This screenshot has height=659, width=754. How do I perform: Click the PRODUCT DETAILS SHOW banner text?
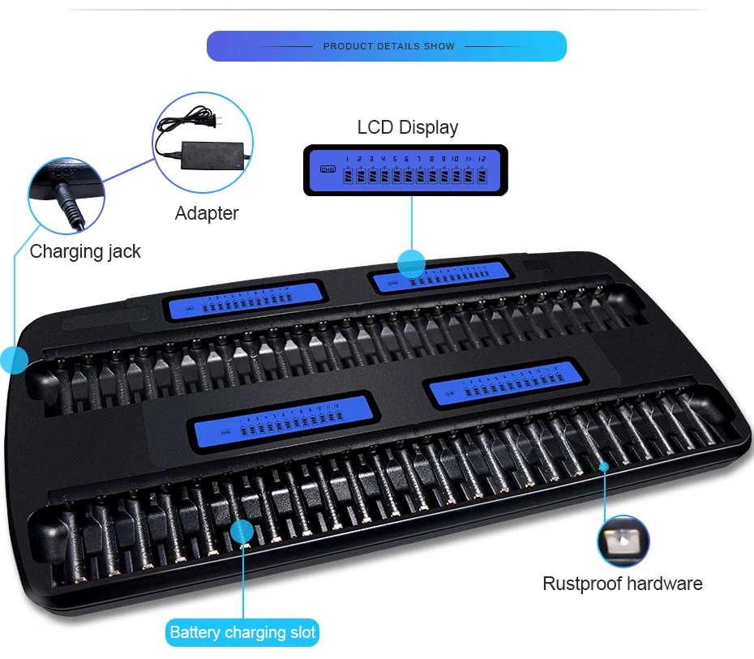click(388, 46)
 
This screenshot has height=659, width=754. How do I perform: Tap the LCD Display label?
click(407, 127)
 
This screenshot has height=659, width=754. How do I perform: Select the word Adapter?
click(207, 213)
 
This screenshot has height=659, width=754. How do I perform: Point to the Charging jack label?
click(85, 251)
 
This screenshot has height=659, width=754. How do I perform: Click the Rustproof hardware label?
click(622, 584)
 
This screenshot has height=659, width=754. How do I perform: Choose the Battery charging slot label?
click(243, 632)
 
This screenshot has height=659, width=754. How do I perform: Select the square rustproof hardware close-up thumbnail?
click(623, 541)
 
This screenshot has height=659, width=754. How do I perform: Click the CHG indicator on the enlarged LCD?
click(328, 169)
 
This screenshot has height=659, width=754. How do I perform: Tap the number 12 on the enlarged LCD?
click(482, 159)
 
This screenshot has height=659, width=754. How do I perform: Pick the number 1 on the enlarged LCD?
click(347, 159)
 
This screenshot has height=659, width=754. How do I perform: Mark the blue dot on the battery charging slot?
click(242, 532)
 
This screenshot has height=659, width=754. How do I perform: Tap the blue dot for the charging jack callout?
click(14, 359)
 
